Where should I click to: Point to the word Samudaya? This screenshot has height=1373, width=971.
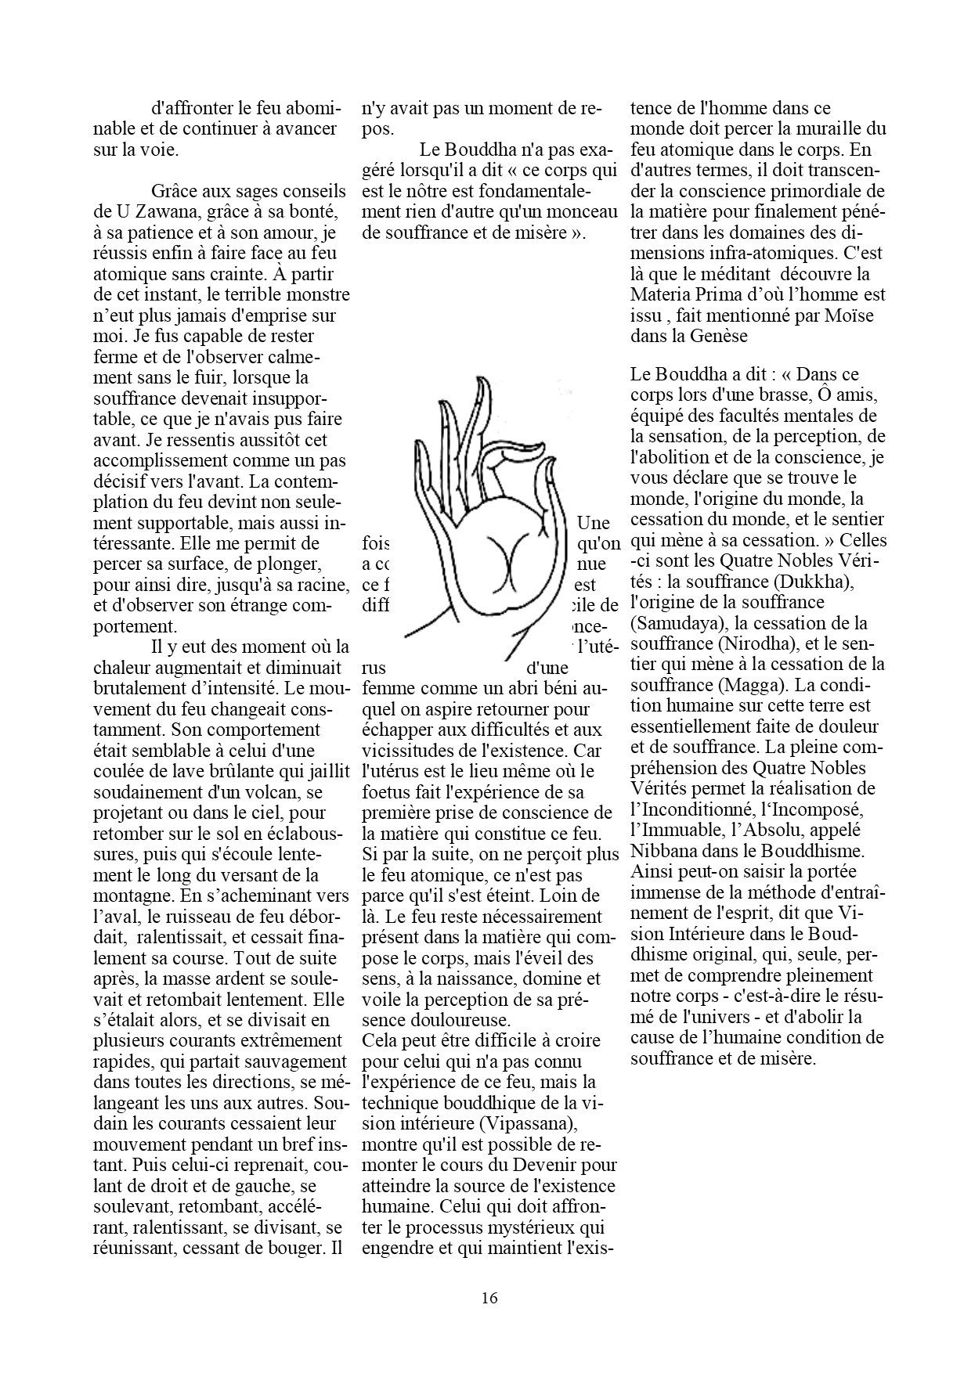coord(674,624)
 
